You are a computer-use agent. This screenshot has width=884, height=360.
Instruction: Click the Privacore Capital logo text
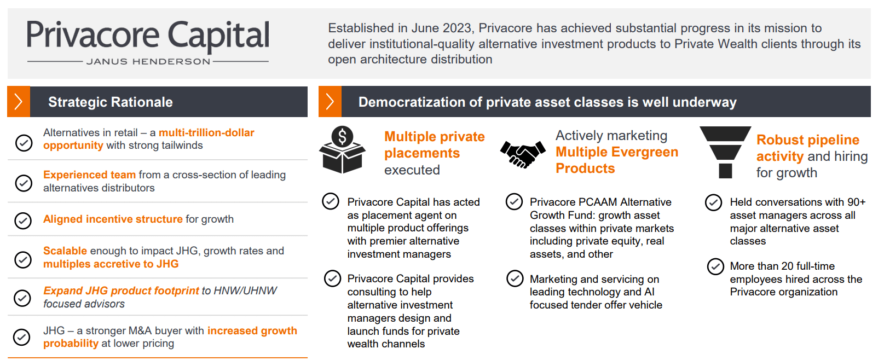point(148,36)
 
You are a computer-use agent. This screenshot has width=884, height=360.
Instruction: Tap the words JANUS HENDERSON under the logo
point(148,61)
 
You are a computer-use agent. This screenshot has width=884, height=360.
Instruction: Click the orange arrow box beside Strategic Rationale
point(19,102)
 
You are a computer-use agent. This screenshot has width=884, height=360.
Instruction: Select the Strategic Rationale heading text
point(111,102)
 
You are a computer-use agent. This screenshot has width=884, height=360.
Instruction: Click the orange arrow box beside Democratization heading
point(330,102)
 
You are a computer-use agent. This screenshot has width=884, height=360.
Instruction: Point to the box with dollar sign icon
point(342,150)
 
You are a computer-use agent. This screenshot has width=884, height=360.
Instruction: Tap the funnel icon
point(725,152)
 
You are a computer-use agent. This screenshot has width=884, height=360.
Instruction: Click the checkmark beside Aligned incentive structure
point(23,220)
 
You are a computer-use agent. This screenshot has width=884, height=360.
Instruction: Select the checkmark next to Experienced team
point(24,183)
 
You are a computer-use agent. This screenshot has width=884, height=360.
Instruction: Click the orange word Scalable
point(65,251)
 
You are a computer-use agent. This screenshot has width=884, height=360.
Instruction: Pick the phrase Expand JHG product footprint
point(121,291)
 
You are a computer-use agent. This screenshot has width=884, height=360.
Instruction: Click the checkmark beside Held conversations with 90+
point(714,202)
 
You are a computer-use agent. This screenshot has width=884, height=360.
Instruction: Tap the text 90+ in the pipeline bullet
point(856,202)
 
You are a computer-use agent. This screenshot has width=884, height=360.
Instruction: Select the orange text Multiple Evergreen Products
point(617,160)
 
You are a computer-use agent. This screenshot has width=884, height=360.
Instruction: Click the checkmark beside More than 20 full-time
point(715,266)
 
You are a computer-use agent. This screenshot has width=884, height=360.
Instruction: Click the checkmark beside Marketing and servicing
point(515,278)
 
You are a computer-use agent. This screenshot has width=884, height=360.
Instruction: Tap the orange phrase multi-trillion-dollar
point(206,132)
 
